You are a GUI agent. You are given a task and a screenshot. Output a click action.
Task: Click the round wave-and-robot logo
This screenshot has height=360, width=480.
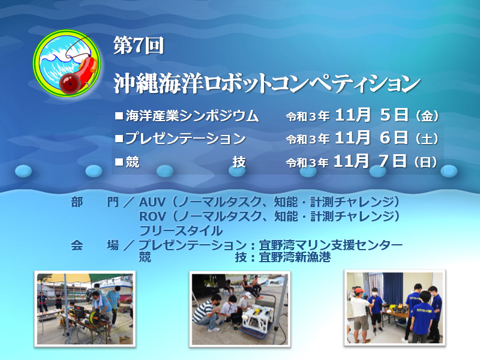(x=67, y=64)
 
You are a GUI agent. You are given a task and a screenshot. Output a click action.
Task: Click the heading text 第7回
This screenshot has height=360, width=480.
(x=139, y=46)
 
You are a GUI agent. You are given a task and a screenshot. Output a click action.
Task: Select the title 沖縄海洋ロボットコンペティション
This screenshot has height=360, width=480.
(x=267, y=83)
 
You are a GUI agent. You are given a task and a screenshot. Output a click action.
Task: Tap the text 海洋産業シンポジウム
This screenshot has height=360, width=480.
(x=192, y=116)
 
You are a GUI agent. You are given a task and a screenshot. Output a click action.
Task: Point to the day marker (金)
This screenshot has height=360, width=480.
(x=427, y=116)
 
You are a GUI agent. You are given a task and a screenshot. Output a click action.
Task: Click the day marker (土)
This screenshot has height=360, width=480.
(x=427, y=139)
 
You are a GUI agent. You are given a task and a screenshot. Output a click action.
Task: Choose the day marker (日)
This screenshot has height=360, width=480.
(x=426, y=161)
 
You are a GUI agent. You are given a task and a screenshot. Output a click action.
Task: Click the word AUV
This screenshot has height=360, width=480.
(x=152, y=202)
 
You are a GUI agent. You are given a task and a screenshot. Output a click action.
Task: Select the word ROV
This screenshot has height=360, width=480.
(x=152, y=217)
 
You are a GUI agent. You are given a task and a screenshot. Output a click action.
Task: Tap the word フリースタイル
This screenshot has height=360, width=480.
(x=181, y=230)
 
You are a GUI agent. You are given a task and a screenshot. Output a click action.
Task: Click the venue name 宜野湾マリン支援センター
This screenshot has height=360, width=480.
(x=331, y=245)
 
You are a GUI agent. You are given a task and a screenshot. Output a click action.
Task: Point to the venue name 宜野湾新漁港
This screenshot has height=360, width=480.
(x=295, y=257)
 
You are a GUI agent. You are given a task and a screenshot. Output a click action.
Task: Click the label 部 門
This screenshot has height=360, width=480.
(x=95, y=202)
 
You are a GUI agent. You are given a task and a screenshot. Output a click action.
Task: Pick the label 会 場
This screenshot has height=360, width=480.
(x=95, y=245)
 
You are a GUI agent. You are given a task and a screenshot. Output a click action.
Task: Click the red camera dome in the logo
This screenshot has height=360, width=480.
(x=70, y=83)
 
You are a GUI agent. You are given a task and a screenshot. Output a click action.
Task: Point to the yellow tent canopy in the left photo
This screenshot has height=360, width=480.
(x=66, y=279)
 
